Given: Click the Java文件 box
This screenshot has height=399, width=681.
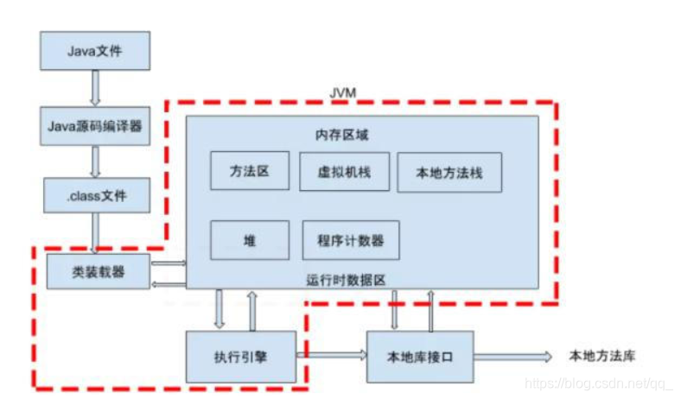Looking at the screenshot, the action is pyautogui.click(x=95, y=50).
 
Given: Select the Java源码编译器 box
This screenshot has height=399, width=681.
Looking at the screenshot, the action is pyautogui.click(x=95, y=126).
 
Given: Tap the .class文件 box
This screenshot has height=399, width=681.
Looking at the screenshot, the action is pyautogui.click(x=97, y=195).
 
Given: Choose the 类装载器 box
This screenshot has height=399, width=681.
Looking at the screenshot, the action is pyautogui.click(x=99, y=271).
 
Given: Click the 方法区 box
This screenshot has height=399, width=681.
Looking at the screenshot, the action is pyautogui.click(x=250, y=171).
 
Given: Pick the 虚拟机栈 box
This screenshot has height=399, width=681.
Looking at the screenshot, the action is pyautogui.click(x=345, y=172).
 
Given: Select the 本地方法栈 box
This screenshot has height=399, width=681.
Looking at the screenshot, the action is pyautogui.click(x=449, y=173).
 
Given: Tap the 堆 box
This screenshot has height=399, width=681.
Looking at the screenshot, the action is pyautogui.click(x=250, y=240).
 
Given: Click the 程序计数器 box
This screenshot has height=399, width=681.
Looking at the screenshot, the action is pyautogui.click(x=351, y=240).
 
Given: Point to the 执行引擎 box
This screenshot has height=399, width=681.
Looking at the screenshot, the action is pyautogui.click(x=241, y=357).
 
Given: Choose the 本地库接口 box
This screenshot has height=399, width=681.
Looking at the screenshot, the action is pyautogui.click(x=420, y=357).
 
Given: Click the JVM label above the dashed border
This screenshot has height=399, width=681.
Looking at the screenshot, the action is pyautogui.click(x=343, y=93).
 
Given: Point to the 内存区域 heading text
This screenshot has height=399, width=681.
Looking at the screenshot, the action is pyautogui.click(x=342, y=135).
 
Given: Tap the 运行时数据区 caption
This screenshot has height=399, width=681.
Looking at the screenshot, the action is pyautogui.click(x=347, y=280).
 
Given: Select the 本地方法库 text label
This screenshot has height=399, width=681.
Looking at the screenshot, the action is pyautogui.click(x=602, y=356).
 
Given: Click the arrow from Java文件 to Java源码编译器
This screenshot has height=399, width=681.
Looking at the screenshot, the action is pyautogui.click(x=95, y=88).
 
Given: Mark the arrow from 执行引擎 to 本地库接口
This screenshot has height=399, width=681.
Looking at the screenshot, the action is pyautogui.click(x=332, y=355).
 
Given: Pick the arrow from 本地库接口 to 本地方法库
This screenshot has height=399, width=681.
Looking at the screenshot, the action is pyautogui.click(x=513, y=357).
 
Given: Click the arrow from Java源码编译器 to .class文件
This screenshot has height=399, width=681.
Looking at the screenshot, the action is pyautogui.click(x=95, y=161).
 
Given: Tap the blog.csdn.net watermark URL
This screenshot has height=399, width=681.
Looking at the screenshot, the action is pyautogui.click(x=599, y=383).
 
